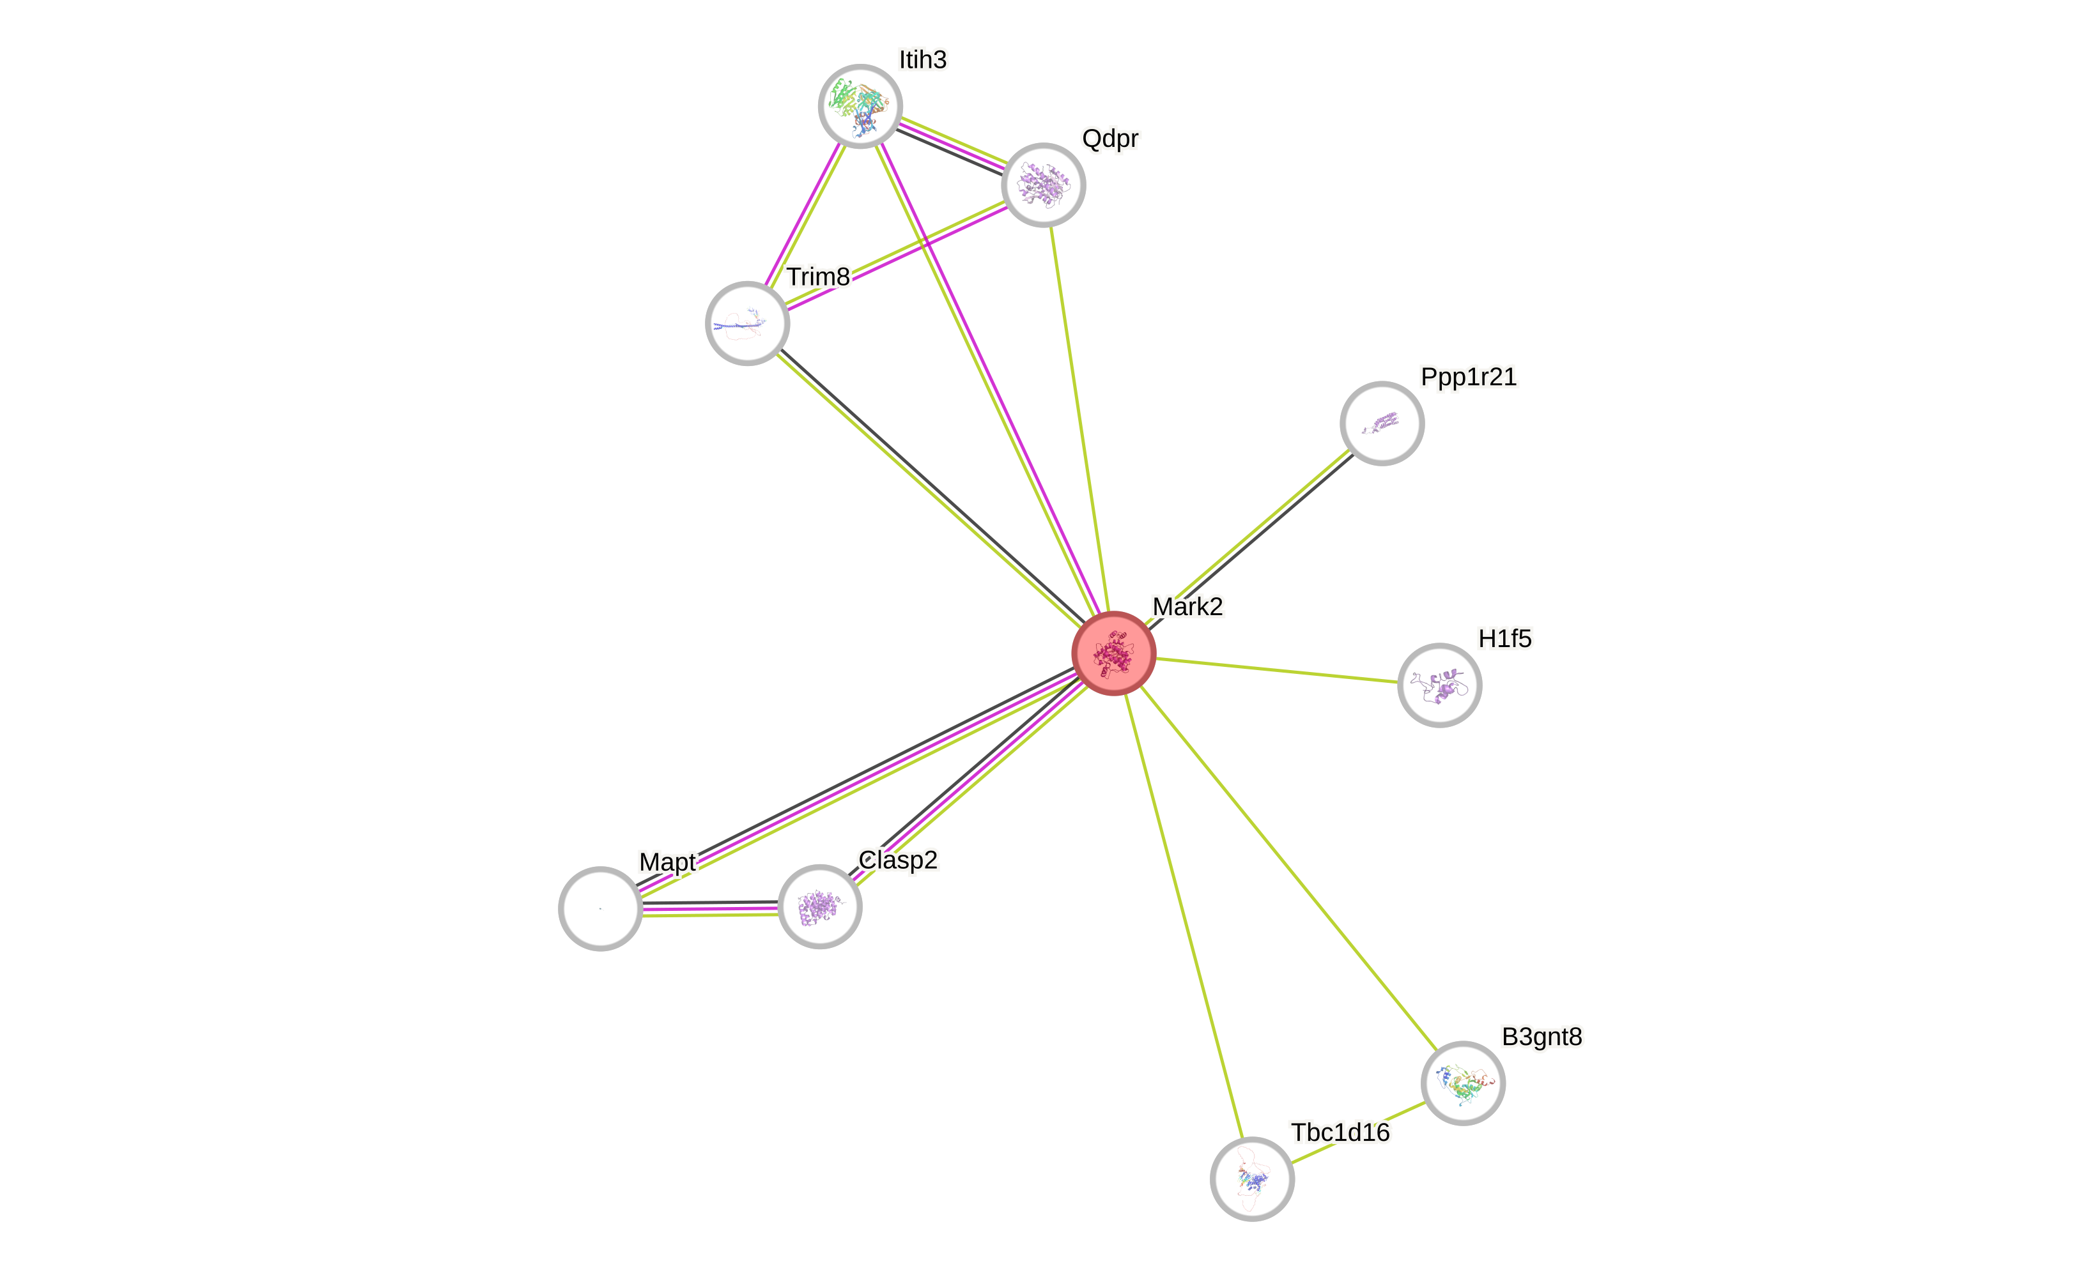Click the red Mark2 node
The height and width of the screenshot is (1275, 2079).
click(x=1113, y=653)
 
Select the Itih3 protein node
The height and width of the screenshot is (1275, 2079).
click(x=860, y=106)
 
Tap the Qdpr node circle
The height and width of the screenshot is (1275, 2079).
click(x=1043, y=185)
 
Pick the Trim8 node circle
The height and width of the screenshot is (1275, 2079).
click(x=746, y=323)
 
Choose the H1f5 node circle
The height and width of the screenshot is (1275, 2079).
click(x=1439, y=685)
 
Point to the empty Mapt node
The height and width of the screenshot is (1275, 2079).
click(x=600, y=908)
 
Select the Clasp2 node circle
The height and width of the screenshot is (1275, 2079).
click(x=819, y=906)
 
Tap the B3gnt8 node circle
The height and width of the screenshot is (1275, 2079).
click(x=1463, y=1083)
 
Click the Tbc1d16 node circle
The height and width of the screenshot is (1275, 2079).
click(x=1252, y=1178)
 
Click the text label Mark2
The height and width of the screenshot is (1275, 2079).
click(x=1187, y=606)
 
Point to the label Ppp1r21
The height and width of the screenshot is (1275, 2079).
click(x=1468, y=376)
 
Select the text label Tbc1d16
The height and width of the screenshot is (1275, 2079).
click(x=1340, y=1132)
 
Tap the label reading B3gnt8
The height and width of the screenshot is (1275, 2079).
click(x=1542, y=1036)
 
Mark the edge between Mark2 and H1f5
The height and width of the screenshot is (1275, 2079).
click(x=1276, y=670)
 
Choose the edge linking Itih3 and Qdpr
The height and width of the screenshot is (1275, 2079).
click(x=952, y=143)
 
